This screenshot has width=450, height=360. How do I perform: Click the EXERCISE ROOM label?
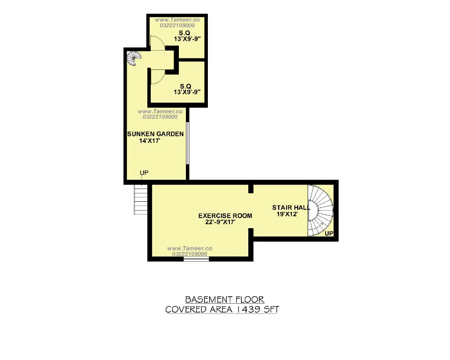[x=225, y=215]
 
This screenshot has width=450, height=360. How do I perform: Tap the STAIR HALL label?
[x=291, y=207]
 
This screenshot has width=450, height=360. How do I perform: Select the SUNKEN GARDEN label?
[x=155, y=134]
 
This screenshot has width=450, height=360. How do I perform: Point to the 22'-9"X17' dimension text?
[x=221, y=222]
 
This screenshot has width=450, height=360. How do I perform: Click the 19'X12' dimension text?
[x=287, y=214]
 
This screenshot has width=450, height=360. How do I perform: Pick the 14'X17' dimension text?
[x=149, y=141]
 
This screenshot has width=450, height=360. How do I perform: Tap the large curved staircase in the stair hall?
[x=320, y=211]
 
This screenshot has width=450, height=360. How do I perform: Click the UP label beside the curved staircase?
[x=329, y=233]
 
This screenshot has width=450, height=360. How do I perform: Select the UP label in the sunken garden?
[x=144, y=173]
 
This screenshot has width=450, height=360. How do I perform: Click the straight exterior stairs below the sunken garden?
[x=141, y=199]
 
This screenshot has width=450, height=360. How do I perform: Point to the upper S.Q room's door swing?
[x=158, y=43]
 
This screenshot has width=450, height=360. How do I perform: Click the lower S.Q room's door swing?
[x=158, y=76]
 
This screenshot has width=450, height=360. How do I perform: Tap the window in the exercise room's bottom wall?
[x=196, y=259]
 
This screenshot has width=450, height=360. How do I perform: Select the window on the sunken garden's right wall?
[x=187, y=143]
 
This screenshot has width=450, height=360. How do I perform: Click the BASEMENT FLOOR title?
[x=225, y=300]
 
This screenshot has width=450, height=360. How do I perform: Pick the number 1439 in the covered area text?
[x=249, y=309]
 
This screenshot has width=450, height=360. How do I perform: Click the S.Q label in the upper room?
[x=185, y=33]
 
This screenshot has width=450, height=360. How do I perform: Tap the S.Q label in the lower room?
[x=185, y=86]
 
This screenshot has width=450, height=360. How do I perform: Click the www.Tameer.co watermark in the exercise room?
[x=190, y=248]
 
